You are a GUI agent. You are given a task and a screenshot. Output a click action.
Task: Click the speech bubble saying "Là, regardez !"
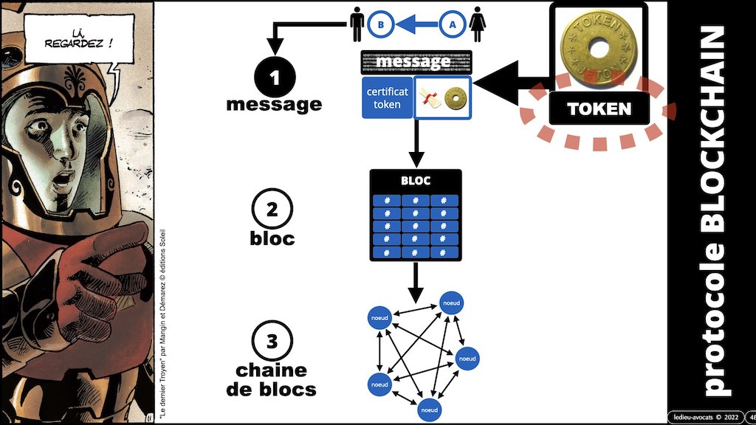pyautogui.click(x=70, y=36)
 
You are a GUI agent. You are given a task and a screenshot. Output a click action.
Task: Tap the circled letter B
pyautogui.click(x=380, y=24)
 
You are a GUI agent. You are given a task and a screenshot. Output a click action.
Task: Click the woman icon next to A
pyautogui.click(x=478, y=24)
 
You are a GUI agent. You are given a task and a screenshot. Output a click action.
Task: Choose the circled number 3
pyautogui.click(x=274, y=342)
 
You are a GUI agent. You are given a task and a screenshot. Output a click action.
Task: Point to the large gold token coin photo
pyautogui.click(x=598, y=49)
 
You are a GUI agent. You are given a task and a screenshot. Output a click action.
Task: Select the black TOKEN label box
pyautogui.click(x=598, y=109)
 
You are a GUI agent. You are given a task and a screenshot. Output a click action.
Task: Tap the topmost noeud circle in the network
pyautogui.click(x=451, y=302)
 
